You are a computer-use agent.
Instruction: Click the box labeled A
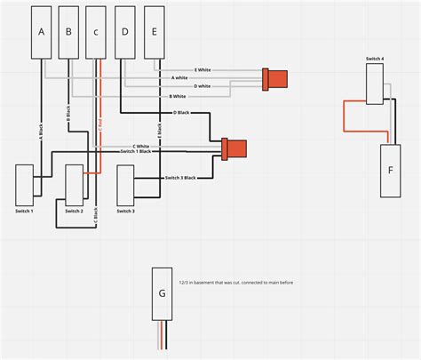(41, 32)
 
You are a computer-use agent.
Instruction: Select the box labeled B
(69, 32)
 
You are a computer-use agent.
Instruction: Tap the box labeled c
(99, 32)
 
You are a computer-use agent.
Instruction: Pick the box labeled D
(126, 32)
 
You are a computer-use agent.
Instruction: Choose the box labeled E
(155, 32)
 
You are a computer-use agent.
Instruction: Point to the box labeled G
(161, 292)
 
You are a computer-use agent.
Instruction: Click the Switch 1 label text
(25, 211)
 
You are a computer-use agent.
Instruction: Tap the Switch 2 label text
(75, 211)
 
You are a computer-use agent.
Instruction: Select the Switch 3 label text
(126, 211)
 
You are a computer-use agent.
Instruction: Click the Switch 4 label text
(375, 60)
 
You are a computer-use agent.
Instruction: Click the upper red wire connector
(275, 78)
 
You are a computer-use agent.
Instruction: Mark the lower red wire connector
(234, 147)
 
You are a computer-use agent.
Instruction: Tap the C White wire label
(141, 146)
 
